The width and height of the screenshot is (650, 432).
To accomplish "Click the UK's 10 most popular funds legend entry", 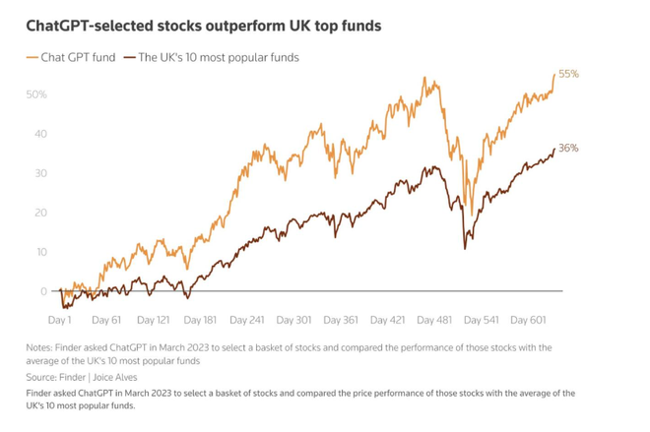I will (x=218, y=57).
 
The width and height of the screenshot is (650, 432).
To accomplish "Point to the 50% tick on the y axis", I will (x=36, y=94).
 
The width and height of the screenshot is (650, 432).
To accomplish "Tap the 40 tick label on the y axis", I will (x=40, y=134).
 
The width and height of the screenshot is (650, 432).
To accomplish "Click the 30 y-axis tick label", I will (x=40, y=173).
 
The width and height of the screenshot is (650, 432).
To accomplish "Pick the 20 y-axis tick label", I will (x=40, y=213).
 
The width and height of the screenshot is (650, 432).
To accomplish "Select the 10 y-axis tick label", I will (x=40, y=252).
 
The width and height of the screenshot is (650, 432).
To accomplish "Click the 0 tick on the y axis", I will (x=43, y=291).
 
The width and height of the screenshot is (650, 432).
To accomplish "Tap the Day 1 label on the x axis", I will (x=59, y=320).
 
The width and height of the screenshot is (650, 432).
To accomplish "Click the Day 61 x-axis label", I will (x=106, y=320).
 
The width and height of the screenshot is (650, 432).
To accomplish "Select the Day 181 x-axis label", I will (x=200, y=320).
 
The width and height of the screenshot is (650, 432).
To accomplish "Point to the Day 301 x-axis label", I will (x=293, y=320).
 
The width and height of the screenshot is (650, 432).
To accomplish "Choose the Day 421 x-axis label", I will (x=387, y=320).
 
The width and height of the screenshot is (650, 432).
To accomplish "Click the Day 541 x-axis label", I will (x=481, y=320).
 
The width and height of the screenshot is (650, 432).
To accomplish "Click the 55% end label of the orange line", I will (x=568, y=74).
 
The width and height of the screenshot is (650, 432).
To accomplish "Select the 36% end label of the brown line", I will (x=568, y=149).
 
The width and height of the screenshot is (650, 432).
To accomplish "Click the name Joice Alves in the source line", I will (x=115, y=377).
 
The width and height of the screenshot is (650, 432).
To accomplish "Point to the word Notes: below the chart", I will (x=42, y=347).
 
